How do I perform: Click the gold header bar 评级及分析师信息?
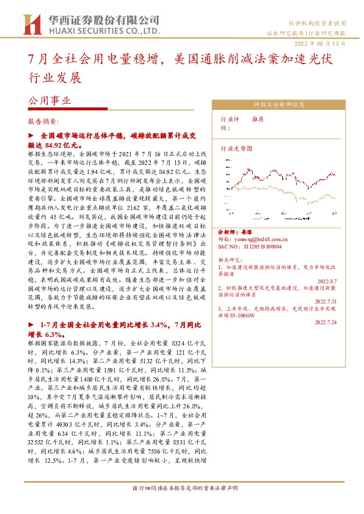(x=283, y=104)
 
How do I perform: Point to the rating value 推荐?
(x=258, y=119)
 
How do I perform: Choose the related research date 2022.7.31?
(x=340, y=302)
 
